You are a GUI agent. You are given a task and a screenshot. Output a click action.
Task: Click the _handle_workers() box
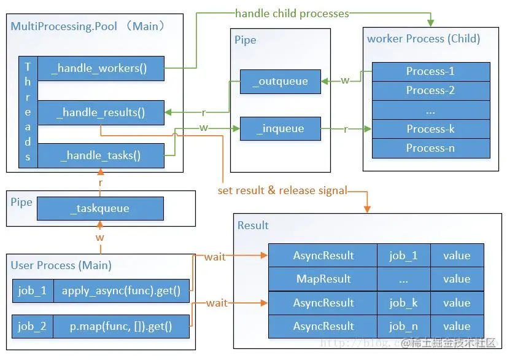(x=101, y=68)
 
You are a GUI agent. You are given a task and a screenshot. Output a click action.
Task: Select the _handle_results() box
(x=101, y=112)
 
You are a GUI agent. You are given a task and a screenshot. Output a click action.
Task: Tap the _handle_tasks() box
(x=101, y=155)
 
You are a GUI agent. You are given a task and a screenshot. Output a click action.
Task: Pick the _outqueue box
(x=280, y=81)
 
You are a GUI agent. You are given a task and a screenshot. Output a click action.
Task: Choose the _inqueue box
(x=280, y=129)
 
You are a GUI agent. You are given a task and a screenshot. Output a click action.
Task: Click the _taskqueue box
(x=100, y=208)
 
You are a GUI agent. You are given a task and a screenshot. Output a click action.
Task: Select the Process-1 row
(x=431, y=71)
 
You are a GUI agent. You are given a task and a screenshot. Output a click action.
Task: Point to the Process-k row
(x=431, y=129)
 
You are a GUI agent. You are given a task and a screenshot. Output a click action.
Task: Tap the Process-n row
(x=431, y=148)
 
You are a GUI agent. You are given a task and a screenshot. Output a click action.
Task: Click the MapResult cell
(x=323, y=279)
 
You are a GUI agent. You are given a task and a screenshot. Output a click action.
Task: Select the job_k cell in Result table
(x=403, y=303)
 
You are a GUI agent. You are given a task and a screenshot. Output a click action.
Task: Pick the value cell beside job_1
(x=457, y=256)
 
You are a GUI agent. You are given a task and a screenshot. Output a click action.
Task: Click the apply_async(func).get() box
(x=121, y=291)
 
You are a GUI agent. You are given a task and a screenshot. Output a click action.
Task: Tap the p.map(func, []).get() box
(x=121, y=326)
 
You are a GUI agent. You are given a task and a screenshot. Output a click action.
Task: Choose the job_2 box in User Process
(x=32, y=326)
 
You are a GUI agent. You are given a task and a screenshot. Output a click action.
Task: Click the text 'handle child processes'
(x=292, y=13)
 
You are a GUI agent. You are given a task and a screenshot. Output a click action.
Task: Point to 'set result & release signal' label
(x=282, y=190)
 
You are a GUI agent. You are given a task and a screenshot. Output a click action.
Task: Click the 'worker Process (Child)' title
(x=424, y=39)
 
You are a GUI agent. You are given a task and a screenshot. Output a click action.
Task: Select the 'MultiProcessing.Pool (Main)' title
(x=88, y=26)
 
